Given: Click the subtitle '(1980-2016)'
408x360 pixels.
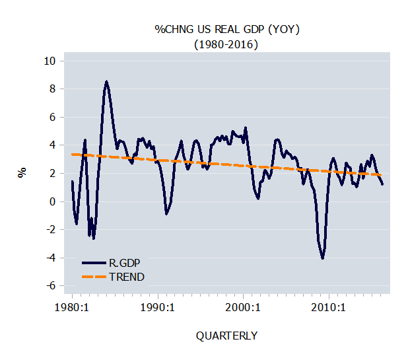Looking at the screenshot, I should (224, 44).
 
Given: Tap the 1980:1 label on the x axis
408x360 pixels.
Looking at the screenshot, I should (71, 307).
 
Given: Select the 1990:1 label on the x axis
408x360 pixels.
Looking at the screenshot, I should (156, 307).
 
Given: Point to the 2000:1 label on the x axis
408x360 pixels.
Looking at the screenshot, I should (243, 307).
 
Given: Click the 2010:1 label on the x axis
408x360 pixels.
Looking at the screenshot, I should (328, 307).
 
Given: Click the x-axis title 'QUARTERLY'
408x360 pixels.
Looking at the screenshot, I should (226, 336).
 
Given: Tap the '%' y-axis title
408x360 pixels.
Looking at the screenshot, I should (22, 173).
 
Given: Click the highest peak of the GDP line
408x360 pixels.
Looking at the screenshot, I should (106, 82).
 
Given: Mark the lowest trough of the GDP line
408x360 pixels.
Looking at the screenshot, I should (323, 258).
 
